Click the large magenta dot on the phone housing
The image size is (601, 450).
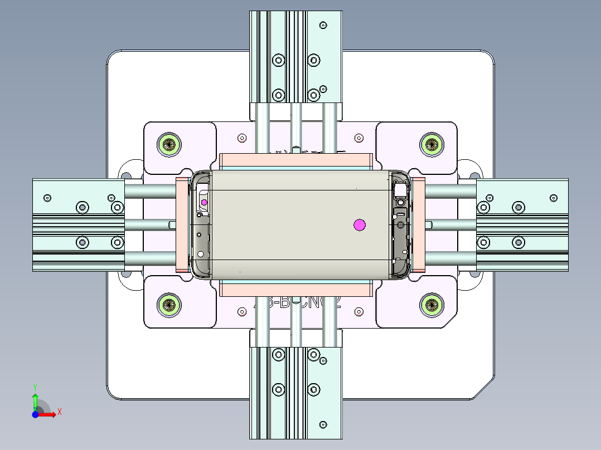tap(359, 224)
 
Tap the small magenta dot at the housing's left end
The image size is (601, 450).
tap(204, 202)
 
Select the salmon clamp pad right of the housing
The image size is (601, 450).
tap(418, 224)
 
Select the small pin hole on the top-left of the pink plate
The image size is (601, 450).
tap(241, 138)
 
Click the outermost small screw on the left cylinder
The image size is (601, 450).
tap(47, 198)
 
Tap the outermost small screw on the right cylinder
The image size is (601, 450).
tap(554, 198)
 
